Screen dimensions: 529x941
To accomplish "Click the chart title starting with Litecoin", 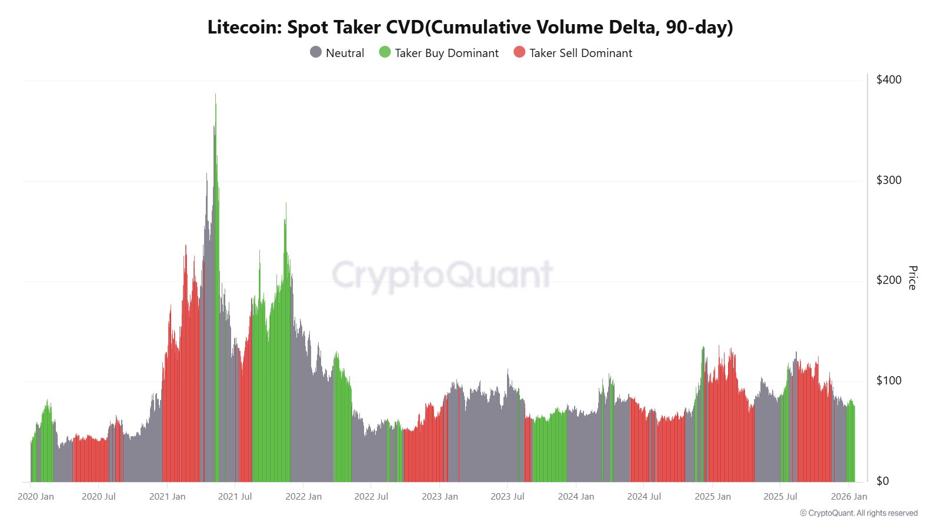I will pyautogui.click(x=470, y=27).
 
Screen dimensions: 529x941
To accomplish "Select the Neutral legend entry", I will pyautogui.click(x=337, y=53).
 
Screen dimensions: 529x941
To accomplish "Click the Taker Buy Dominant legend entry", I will pyautogui.click(x=439, y=53).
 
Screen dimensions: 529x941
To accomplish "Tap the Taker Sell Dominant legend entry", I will pyautogui.click(x=573, y=53).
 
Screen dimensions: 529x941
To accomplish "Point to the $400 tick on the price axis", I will pyautogui.click(x=889, y=79).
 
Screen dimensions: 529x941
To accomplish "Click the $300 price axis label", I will pyautogui.click(x=889, y=180).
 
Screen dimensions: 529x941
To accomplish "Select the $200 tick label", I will pyautogui.click(x=889, y=280).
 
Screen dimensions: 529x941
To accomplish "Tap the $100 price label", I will pyautogui.click(x=889, y=380).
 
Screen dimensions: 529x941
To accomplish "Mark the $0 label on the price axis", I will pyautogui.click(x=883, y=481).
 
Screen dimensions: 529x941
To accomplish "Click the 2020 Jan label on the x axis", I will pyautogui.click(x=36, y=497).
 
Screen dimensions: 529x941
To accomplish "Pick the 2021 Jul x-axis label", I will pyautogui.click(x=235, y=497).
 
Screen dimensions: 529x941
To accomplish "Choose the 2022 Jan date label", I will pyautogui.click(x=303, y=497).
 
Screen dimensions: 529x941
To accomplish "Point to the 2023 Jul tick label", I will pyautogui.click(x=508, y=497).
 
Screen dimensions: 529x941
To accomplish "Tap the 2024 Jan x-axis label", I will pyautogui.click(x=576, y=497).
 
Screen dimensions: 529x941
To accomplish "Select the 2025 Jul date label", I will pyautogui.click(x=780, y=497).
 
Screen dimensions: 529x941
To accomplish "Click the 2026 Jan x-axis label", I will pyautogui.click(x=849, y=497).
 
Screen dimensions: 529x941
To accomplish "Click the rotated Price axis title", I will pyautogui.click(x=912, y=277).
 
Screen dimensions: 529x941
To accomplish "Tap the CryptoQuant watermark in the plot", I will pyautogui.click(x=442, y=274).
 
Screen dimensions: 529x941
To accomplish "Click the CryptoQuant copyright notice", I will pyautogui.click(x=859, y=513).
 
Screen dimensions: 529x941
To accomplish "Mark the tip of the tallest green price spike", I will pyautogui.click(x=215, y=93).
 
